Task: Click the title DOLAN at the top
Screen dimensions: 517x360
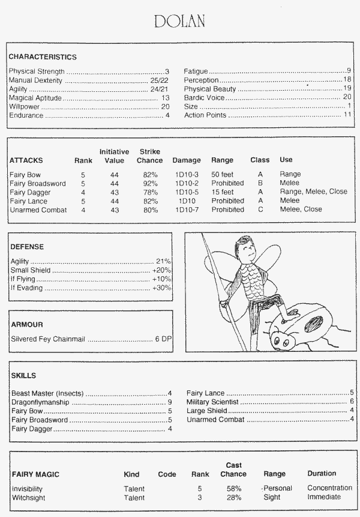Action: pos(179,22)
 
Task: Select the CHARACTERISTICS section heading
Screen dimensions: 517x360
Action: pos(43,57)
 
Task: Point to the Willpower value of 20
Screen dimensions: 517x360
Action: pos(166,106)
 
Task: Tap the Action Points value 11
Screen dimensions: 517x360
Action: pos(347,115)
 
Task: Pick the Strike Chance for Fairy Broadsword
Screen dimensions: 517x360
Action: pos(150,183)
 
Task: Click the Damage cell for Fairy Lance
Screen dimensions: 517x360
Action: pos(187,201)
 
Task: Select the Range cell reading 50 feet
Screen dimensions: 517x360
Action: pos(223,174)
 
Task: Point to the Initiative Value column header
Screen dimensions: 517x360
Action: pos(114,156)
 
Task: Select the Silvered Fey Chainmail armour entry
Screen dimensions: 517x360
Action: pos(49,339)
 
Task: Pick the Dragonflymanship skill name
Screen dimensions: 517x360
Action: pos(40,402)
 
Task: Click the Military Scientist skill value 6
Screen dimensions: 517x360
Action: pos(352,402)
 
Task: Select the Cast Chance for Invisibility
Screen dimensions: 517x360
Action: pos(234,489)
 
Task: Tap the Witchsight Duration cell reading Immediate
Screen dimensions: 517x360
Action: pos(324,498)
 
